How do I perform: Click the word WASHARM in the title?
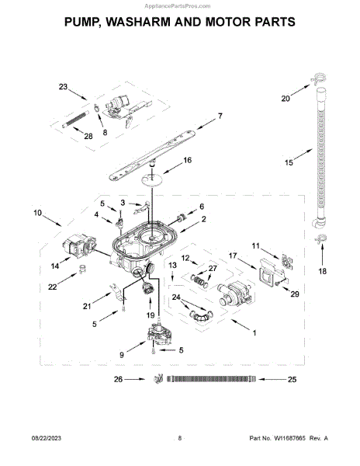(x=138, y=22)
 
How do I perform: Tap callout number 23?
(x=63, y=87)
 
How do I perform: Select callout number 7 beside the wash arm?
(x=220, y=116)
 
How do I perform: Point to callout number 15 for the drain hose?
(x=289, y=162)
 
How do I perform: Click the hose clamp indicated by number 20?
(x=319, y=78)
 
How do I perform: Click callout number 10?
(x=38, y=213)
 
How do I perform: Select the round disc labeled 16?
(x=151, y=180)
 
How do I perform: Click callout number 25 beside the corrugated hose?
(x=292, y=379)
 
